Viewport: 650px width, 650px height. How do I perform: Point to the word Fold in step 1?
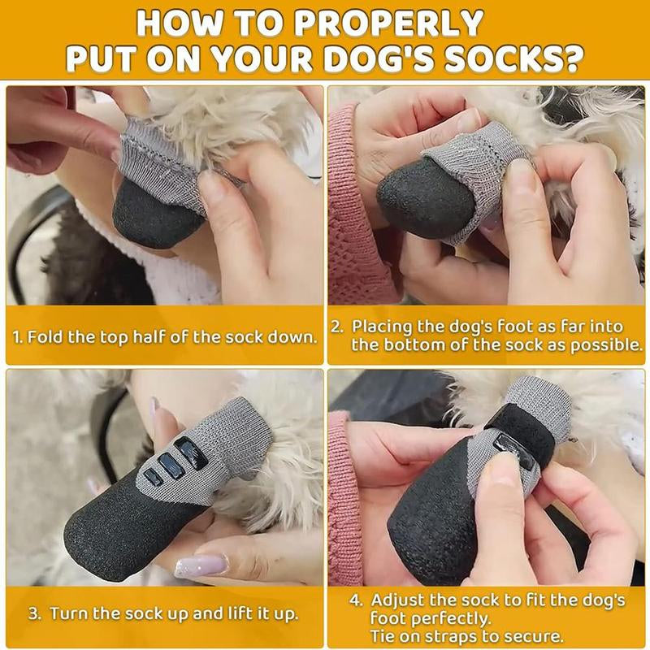pyautogui.click(x=46, y=336)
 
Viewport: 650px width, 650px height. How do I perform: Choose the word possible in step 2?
pyautogui.click(x=606, y=344)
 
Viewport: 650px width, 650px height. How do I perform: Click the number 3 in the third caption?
pyautogui.click(x=33, y=613)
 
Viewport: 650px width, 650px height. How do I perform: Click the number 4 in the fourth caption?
pyautogui.click(x=354, y=600)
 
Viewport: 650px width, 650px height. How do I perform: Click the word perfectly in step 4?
pyautogui.click(x=443, y=618)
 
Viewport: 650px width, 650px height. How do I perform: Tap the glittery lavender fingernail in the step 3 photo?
pyautogui.click(x=201, y=565)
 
